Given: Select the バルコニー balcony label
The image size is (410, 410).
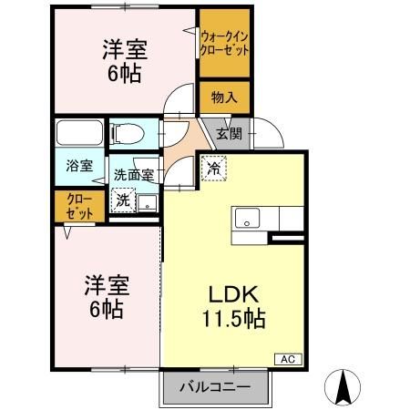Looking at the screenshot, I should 218,387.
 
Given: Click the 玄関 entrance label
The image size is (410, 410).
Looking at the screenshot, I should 229,134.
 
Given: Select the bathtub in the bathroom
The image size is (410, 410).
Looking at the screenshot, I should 80,134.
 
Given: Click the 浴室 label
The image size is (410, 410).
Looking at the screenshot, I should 79,166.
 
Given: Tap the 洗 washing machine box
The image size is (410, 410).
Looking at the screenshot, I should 121,200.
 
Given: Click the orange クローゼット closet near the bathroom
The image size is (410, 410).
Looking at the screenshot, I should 72,206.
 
